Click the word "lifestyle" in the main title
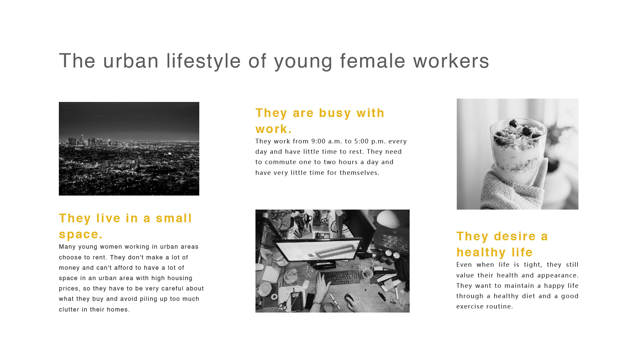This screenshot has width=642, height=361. click(204, 61)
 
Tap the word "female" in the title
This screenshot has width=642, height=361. click(373, 61)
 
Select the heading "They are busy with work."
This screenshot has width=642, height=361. click(320, 121)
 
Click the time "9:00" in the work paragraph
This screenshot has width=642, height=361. click(318, 141)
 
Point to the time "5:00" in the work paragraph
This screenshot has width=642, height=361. click(361, 141)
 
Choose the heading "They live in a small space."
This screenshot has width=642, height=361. click(125, 226)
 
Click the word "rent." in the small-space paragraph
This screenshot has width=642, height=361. click(100, 258)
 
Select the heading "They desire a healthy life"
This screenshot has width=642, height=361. click(502, 244)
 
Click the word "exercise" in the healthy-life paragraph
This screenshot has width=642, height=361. click(470, 307)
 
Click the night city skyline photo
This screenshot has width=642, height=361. click(129, 149)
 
